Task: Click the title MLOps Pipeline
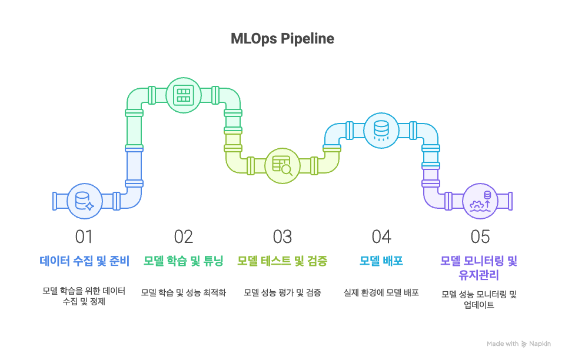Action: pyautogui.click(x=282, y=39)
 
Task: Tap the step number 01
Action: pyautogui.click(x=84, y=236)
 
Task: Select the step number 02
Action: pyautogui.click(x=184, y=236)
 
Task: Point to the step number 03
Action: pyautogui.click(x=282, y=236)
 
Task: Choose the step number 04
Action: pyautogui.click(x=381, y=236)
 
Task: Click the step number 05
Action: pyautogui.click(x=480, y=236)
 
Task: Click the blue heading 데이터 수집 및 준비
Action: pyautogui.click(x=84, y=261)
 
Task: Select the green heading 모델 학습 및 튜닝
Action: pyautogui.click(x=184, y=261)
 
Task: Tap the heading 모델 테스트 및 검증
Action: pyautogui.click(x=282, y=261)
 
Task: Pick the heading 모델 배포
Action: pyautogui.click(x=381, y=261)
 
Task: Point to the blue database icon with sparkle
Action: pyautogui.click(x=85, y=201)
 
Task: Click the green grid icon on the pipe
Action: pyautogui.click(x=184, y=95)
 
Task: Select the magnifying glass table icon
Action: pyautogui.click(x=282, y=165)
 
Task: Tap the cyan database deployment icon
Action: pyautogui.click(x=381, y=130)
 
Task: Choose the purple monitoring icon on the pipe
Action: pyautogui.click(x=480, y=201)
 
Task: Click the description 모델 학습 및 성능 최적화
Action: pyautogui.click(x=184, y=292)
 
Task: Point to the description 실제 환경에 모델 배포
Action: pyautogui.click(x=381, y=292)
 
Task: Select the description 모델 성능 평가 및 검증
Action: pyautogui.click(x=282, y=292)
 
